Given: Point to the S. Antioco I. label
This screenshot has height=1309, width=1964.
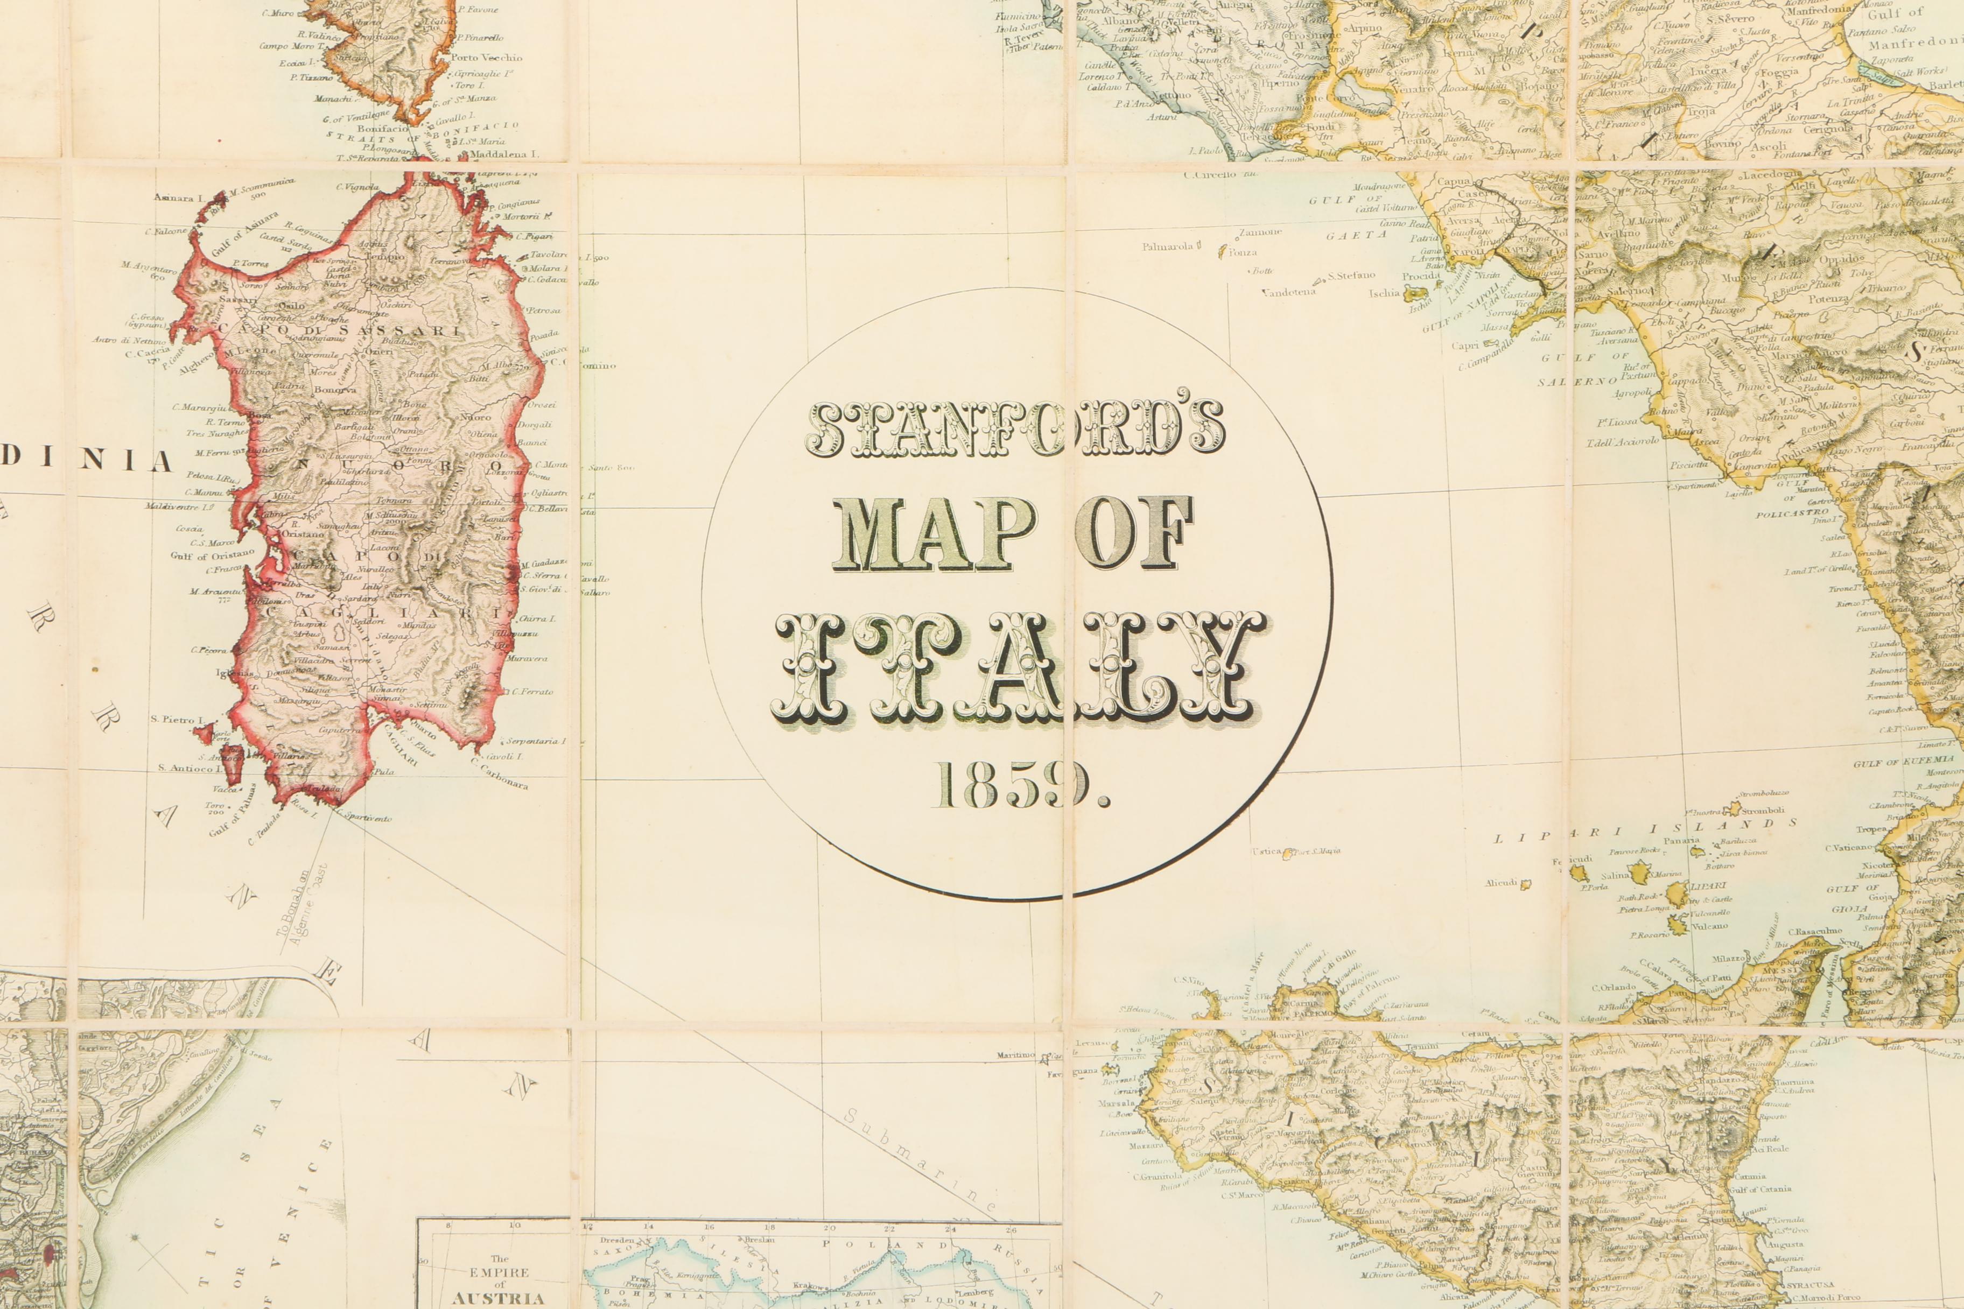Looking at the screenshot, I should click(188, 767).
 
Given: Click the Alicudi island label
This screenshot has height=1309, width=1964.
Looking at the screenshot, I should click(1500, 882).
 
